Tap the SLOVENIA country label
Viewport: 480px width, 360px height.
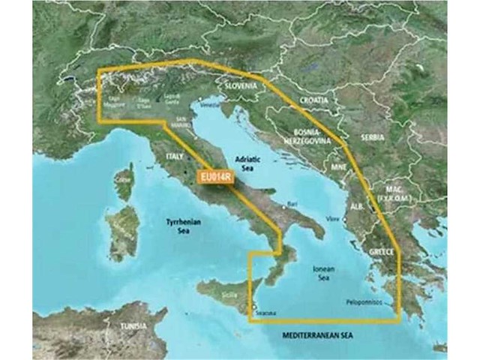tap(241, 86)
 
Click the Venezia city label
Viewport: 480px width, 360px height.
tap(204, 106)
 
